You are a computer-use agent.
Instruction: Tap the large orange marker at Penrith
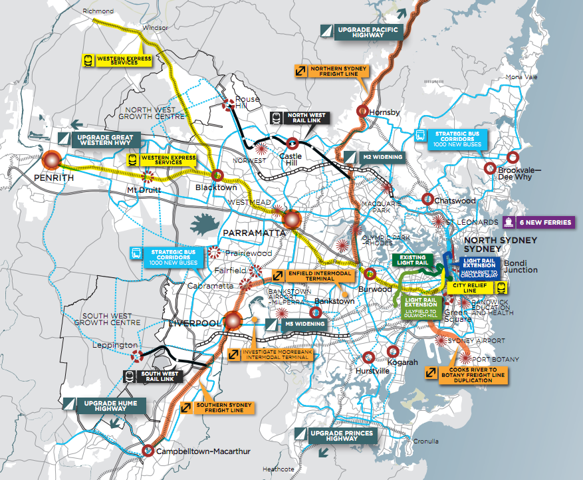coord(51,160)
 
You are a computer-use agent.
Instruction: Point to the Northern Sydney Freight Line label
coord(339,71)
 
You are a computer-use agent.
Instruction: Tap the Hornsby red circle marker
coord(362,111)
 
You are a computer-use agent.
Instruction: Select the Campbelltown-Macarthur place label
coord(203,452)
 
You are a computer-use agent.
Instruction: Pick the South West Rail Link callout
coord(160,376)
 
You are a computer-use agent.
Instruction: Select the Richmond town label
coord(98,11)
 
